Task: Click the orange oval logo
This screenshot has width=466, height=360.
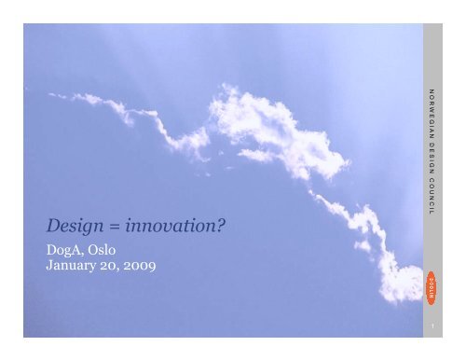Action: tap(432, 282)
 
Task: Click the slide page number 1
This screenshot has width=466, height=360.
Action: tap(432, 327)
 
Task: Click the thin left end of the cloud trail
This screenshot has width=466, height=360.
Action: tap(58, 94)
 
